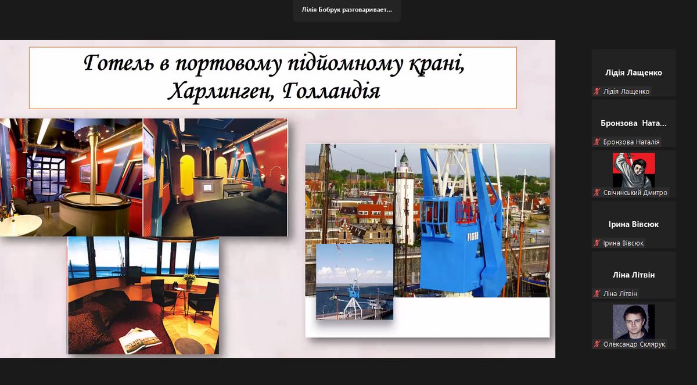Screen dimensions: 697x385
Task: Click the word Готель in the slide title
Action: coord(119,63)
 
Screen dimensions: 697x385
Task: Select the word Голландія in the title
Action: coord(331,91)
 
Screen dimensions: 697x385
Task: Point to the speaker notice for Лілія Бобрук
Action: coord(347,10)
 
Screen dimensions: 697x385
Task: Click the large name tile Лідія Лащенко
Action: coord(634,73)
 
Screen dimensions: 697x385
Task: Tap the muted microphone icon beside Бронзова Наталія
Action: coord(597,142)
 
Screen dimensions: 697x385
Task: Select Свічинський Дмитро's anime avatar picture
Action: coord(634,170)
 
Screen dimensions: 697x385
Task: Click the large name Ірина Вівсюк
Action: coord(634,224)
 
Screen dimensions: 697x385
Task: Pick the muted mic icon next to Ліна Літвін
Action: coord(597,294)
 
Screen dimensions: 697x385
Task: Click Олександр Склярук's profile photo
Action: coord(634,322)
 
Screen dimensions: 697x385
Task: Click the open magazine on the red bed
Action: coord(141,341)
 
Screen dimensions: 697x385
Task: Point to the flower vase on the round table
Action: coord(189,281)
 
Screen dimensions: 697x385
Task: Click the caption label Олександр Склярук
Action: coord(634,344)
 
